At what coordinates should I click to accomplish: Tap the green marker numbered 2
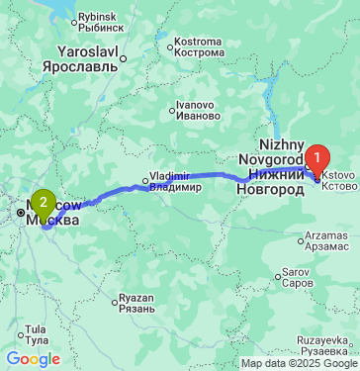(43, 204)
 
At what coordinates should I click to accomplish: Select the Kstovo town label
(336, 179)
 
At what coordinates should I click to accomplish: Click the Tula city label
(36, 332)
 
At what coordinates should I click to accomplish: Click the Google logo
(33, 359)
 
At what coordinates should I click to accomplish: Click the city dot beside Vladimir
(144, 181)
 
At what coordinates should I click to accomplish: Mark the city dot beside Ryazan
(116, 299)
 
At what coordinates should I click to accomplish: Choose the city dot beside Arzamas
(300, 238)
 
